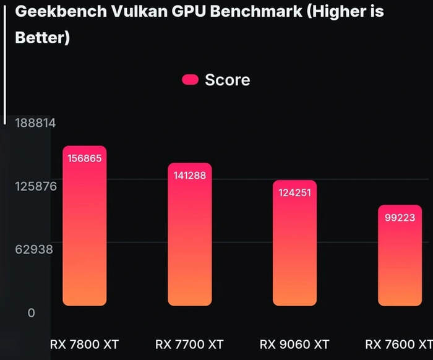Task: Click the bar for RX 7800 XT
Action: click(85, 235)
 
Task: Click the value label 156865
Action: click(85, 158)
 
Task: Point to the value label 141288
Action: click(190, 176)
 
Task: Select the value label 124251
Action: click(294, 192)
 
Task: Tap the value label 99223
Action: click(400, 218)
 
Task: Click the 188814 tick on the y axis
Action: click(35, 122)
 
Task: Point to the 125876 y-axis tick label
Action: click(35, 186)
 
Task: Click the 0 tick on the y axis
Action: click(31, 313)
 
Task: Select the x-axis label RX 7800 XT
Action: click(84, 344)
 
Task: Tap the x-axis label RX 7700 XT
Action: click(189, 344)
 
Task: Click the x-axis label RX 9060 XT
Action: click(294, 344)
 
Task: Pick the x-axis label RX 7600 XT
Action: click(398, 344)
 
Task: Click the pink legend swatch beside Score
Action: click(190, 79)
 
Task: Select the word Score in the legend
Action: click(227, 80)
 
